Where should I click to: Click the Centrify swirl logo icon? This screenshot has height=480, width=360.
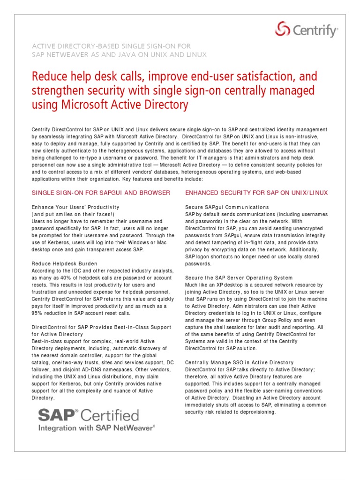click(282, 30)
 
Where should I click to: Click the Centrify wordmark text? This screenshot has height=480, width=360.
click(315, 31)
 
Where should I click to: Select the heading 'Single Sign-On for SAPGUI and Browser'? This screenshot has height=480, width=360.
click(101, 193)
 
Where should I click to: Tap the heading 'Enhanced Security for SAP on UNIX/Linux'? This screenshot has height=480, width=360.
click(256, 193)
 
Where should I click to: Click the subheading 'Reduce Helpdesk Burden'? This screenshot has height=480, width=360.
click(64, 263)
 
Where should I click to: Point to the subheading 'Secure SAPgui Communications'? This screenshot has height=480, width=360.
click(227, 207)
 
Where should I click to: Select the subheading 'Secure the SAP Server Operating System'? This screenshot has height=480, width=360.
click(239, 278)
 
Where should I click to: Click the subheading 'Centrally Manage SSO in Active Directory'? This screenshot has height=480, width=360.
click(239, 362)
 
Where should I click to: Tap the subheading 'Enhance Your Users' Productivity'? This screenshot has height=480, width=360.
click(75, 207)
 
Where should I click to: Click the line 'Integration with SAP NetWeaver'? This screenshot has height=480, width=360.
click(96, 427)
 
